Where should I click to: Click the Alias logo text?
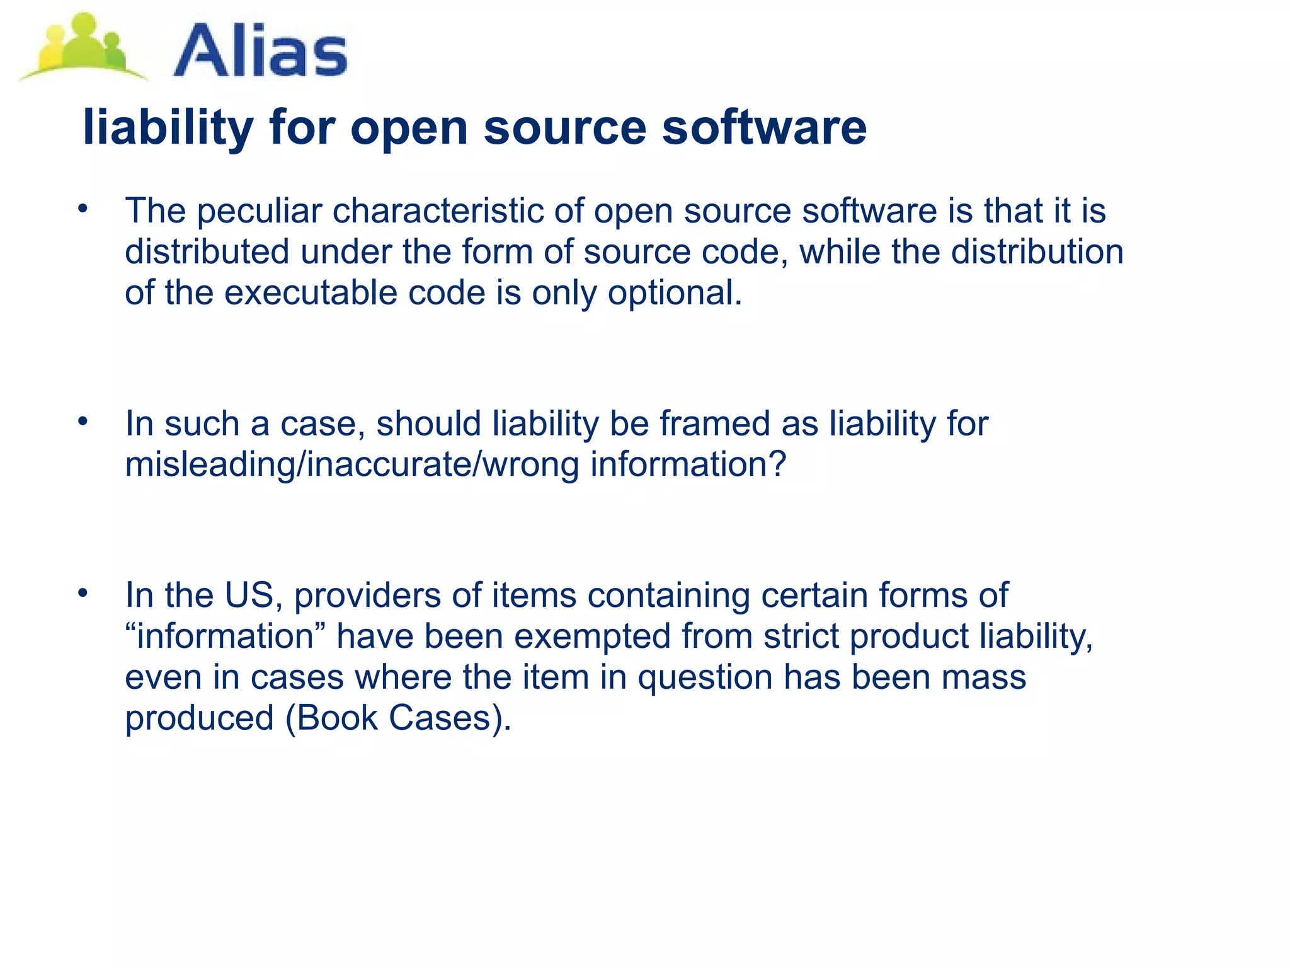[260, 50]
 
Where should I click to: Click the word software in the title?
[764, 127]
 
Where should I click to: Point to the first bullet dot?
[83, 209]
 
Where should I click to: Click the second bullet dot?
[83, 421]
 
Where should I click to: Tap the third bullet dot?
[83, 593]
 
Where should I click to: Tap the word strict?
[801, 636]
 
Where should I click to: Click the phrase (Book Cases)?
[398, 718]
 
